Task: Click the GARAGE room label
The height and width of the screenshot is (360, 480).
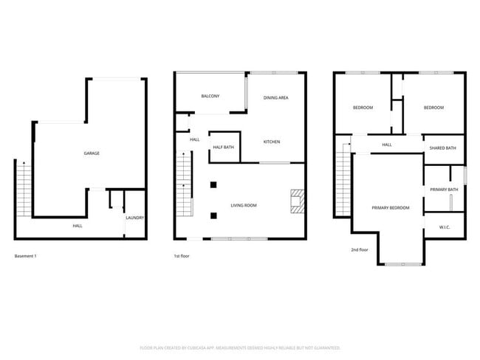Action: (x=92, y=153)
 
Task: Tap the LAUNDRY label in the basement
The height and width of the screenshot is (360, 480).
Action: (x=134, y=218)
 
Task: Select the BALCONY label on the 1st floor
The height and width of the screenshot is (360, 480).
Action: (x=210, y=96)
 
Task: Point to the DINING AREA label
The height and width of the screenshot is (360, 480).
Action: (x=275, y=97)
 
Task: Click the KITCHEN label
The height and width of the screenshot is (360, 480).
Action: (x=272, y=142)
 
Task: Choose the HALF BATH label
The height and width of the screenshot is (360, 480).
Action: (x=223, y=148)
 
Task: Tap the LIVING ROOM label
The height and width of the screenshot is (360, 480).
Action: (x=244, y=205)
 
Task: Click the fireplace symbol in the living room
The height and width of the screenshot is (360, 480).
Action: (x=296, y=201)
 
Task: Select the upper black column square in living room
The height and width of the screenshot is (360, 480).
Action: (x=213, y=184)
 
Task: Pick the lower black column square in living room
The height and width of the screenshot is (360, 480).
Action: (x=213, y=215)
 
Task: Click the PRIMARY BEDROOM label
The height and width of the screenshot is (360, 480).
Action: (x=390, y=208)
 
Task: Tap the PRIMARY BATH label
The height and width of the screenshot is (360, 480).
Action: (x=444, y=190)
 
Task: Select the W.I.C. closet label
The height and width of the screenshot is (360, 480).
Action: (x=444, y=226)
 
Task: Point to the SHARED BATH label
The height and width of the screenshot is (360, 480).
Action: (x=442, y=148)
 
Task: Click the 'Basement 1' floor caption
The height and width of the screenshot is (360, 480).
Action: (x=26, y=256)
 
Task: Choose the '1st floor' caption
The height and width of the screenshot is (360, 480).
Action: (x=182, y=256)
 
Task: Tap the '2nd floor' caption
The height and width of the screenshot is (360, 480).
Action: (x=360, y=250)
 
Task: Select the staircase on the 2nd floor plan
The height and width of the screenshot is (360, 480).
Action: (x=341, y=181)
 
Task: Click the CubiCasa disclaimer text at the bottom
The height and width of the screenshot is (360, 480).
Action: (x=240, y=347)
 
